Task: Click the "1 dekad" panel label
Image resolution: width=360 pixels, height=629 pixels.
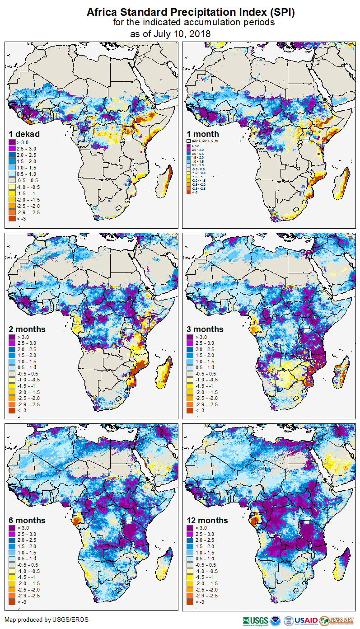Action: [x=24, y=134]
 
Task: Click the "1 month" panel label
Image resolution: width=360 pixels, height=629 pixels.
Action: [x=203, y=134]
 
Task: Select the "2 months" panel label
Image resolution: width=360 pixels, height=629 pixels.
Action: [x=27, y=329]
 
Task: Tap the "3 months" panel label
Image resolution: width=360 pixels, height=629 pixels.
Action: [x=205, y=329]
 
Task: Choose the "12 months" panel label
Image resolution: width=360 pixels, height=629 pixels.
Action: [x=207, y=521]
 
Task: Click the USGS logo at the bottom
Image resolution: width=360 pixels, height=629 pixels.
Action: [x=255, y=620]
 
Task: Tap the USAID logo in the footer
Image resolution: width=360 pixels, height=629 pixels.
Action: [x=306, y=620]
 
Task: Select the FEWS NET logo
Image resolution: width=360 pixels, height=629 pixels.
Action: [x=337, y=620]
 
